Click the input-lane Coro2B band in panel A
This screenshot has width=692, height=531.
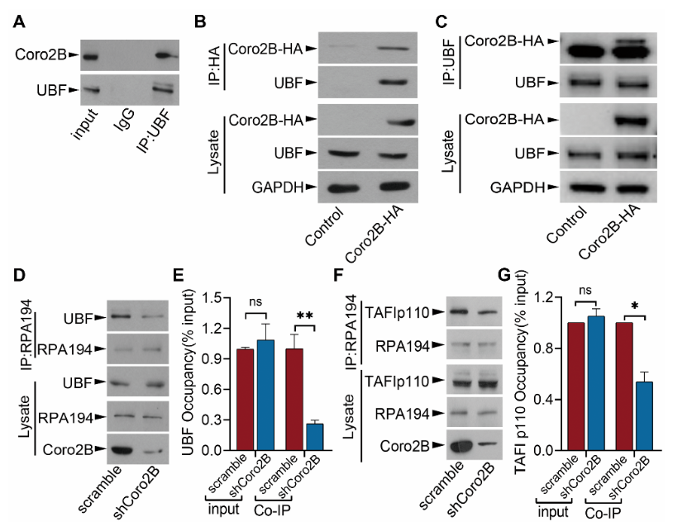click(x=90, y=57)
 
